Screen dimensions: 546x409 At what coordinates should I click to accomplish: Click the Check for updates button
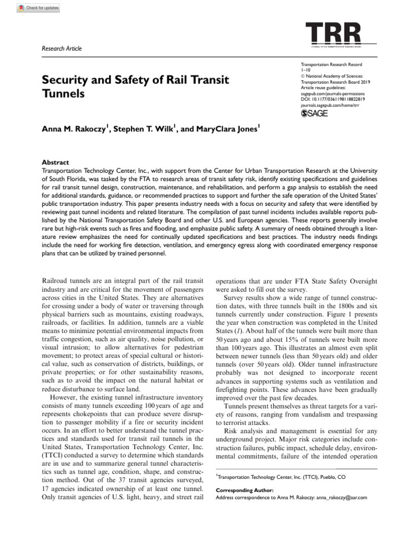[38, 8]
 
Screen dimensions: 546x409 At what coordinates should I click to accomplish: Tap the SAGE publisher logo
[315, 113]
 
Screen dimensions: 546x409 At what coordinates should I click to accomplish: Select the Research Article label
[61, 49]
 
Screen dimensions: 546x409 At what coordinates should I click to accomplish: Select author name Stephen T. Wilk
[145, 129]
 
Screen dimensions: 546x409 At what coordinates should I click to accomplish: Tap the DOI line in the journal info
[330, 99]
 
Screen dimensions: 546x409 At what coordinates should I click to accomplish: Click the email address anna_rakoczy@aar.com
[334, 497]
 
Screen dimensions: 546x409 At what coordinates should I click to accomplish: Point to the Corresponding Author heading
[244, 490]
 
